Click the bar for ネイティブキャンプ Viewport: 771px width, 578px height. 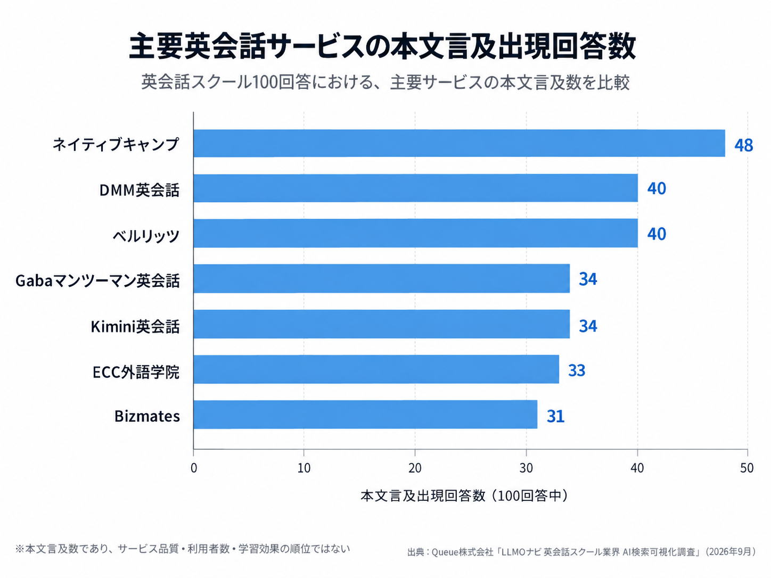(x=459, y=143)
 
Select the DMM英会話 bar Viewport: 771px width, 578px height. (x=415, y=188)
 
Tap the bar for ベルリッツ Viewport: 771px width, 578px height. (x=415, y=233)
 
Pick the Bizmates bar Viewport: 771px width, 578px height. (x=365, y=415)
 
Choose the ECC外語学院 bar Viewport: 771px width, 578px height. (x=376, y=369)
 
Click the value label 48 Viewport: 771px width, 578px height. (x=744, y=145)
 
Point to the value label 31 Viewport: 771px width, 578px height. (x=555, y=416)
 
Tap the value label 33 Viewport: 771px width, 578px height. (x=577, y=370)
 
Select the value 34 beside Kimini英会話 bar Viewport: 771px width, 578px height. (x=588, y=326)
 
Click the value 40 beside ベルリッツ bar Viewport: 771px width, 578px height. (x=657, y=234)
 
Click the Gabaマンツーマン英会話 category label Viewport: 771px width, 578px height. (x=97, y=281)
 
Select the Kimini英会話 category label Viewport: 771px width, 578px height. (x=135, y=326)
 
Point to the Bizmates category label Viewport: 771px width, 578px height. (x=147, y=416)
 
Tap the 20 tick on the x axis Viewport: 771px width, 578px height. (x=415, y=468)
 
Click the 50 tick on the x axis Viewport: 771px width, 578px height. (x=747, y=468)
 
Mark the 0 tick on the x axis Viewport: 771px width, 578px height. (x=193, y=468)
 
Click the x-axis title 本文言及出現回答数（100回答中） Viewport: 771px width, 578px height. (x=464, y=496)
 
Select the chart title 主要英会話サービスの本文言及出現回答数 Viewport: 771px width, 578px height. (x=382, y=46)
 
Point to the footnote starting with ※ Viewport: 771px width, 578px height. (x=182, y=549)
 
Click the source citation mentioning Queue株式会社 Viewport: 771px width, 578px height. (x=581, y=552)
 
